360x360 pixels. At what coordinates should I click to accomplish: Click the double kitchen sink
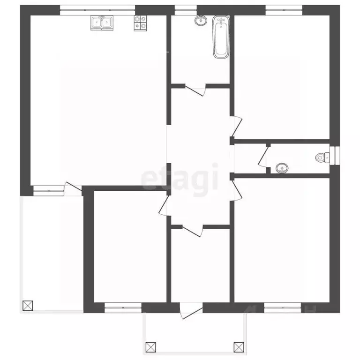click(x=102, y=22)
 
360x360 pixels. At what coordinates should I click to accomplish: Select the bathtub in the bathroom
click(x=221, y=37)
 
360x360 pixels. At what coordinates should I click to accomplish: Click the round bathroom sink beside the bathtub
click(x=201, y=20)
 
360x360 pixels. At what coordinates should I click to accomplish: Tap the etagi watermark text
click(x=180, y=178)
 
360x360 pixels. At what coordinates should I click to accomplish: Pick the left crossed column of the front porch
click(x=150, y=347)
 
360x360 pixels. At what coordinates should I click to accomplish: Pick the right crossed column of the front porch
click(x=239, y=347)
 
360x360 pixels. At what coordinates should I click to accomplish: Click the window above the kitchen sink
click(x=97, y=8)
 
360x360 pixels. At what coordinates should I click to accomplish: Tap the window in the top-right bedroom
click(x=284, y=8)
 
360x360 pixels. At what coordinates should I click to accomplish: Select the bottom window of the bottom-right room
click(x=282, y=308)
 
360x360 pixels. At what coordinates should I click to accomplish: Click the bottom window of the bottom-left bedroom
click(x=123, y=308)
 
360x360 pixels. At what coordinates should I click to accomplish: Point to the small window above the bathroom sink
click(x=186, y=8)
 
